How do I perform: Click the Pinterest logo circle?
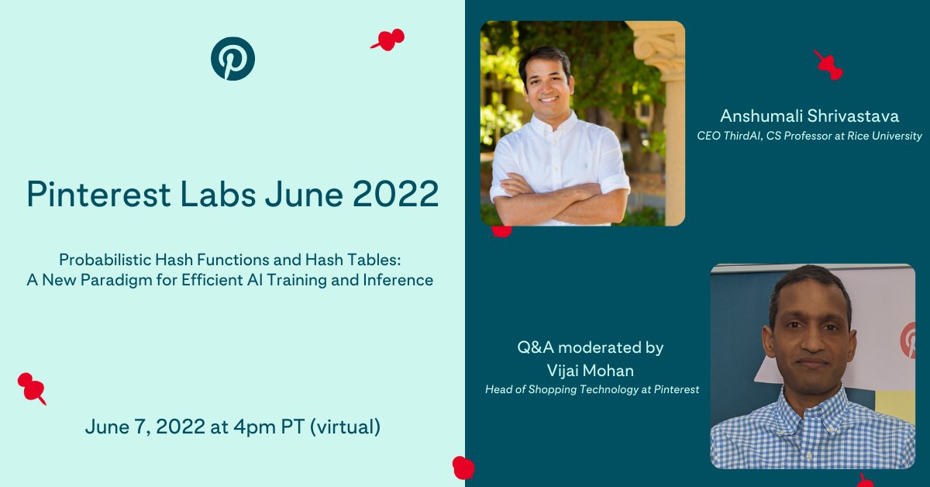point(232,59)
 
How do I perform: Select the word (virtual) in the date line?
point(345,427)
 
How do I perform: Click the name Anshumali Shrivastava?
point(809,116)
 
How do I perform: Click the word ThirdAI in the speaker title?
point(742,136)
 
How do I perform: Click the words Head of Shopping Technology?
point(558,389)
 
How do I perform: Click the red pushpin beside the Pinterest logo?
point(388,39)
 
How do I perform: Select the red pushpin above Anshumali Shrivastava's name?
point(828,65)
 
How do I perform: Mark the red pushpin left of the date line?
point(32,387)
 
